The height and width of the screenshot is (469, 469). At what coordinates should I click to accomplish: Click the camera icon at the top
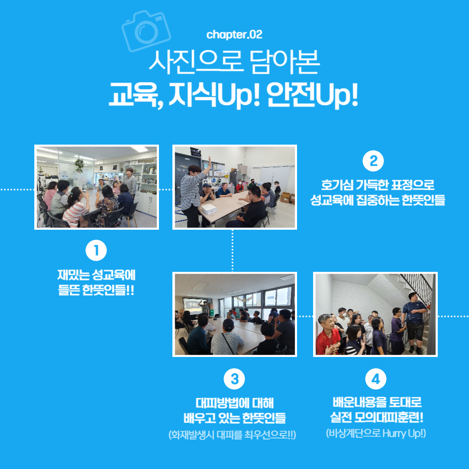click(146, 30)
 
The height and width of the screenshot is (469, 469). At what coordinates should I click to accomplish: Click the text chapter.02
click(234, 35)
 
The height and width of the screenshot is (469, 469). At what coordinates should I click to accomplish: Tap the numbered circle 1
click(96, 251)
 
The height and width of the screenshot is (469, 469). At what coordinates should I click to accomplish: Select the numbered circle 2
click(373, 161)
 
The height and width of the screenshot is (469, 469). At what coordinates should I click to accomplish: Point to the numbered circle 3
click(234, 379)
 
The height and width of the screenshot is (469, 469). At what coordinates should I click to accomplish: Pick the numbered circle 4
click(376, 379)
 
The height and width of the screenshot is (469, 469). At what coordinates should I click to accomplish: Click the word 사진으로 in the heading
click(195, 62)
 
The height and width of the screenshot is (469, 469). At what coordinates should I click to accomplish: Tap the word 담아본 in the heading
click(284, 62)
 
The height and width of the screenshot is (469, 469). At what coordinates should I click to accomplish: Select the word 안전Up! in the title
click(312, 95)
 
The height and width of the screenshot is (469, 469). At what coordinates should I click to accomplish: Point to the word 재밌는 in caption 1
click(73, 275)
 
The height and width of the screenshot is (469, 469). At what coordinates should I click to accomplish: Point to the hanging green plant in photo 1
click(79, 165)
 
